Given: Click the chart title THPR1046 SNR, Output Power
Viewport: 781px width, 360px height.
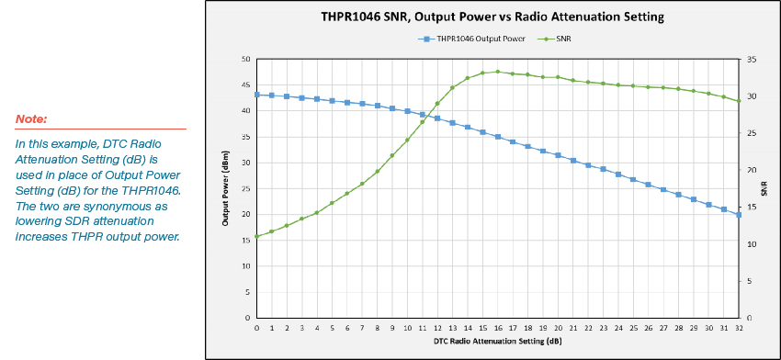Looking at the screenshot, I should (492, 17).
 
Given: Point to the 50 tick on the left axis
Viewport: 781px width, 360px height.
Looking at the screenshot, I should (245, 59).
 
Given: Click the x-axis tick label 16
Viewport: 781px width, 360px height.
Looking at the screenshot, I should (497, 327).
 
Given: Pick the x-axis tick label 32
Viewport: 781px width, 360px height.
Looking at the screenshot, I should (739, 327).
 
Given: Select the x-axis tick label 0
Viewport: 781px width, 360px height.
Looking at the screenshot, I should (256, 327).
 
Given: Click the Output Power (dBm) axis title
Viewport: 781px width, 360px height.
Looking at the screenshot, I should (226, 188).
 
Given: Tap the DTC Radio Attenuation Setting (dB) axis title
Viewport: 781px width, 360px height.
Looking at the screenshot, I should (497, 341).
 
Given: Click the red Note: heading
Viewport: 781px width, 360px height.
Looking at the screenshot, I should (31, 119).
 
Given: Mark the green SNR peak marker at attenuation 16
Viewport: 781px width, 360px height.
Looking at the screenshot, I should (497, 72).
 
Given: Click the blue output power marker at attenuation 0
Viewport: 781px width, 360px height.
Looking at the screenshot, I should (256, 95).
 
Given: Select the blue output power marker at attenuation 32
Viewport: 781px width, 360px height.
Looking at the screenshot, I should (739, 214).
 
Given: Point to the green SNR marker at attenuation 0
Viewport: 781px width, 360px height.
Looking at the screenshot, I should (256, 236).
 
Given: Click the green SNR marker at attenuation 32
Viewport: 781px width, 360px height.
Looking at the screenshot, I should (739, 101).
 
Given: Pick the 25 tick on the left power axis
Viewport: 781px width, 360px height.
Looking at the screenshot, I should (245, 188).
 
